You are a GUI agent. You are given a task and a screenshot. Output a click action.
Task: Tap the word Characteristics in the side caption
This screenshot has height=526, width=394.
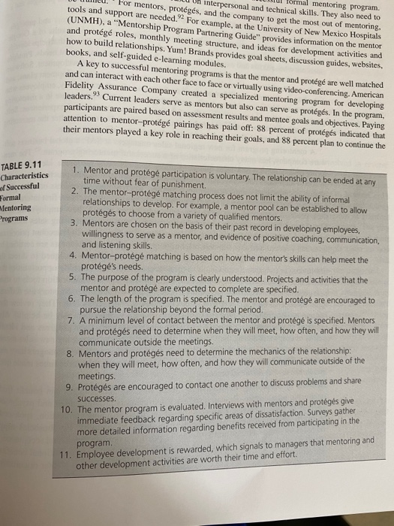tap(26, 175)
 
